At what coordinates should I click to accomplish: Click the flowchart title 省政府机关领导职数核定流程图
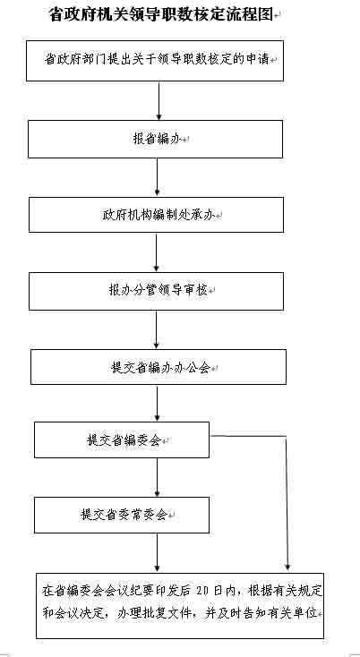161,15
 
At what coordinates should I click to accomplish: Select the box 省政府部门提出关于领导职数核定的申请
155,61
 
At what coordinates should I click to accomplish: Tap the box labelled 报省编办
156,139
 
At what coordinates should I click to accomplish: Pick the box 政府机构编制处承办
157,215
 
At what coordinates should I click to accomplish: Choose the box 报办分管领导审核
157,291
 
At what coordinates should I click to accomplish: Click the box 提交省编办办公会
159,367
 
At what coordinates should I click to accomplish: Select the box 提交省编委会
122,439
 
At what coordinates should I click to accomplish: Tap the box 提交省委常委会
122,515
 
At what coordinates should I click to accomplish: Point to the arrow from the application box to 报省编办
159,100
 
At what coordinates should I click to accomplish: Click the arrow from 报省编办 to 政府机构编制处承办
157,177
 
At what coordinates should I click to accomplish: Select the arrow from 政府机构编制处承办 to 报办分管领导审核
157,252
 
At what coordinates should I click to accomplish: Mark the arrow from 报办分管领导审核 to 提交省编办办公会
157,329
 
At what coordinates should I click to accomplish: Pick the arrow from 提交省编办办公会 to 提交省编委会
157,403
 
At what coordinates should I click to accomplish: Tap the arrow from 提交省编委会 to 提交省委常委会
157,477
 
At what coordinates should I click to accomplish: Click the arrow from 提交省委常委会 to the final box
157,553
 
